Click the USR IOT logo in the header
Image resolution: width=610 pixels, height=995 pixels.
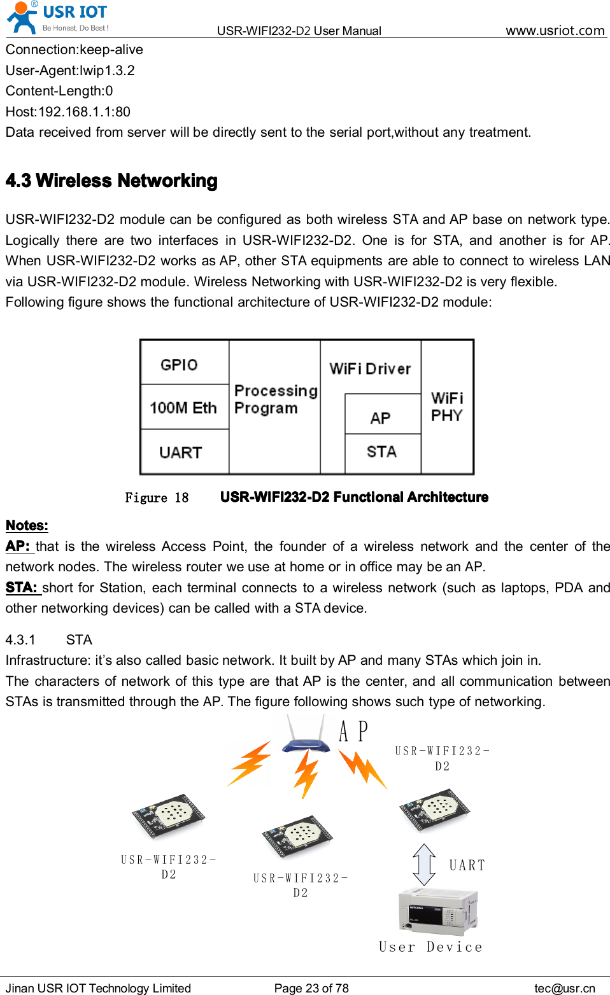click(x=57, y=17)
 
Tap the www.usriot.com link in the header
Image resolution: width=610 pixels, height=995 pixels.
click(x=555, y=30)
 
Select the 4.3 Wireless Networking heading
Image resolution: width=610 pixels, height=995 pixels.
click(x=111, y=181)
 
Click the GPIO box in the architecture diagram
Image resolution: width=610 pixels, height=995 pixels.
click(x=179, y=365)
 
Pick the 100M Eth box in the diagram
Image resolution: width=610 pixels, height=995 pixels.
click(x=183, y=407)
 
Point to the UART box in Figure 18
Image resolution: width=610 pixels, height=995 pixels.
click(x=181, y=452)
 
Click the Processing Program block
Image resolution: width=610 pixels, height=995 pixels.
click(x=275, y=400)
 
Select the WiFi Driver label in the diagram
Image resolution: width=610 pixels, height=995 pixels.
click(x=370, y=368)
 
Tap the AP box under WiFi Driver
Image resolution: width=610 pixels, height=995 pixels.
click(x=381, y=417)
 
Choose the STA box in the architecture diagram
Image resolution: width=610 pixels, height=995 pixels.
click(x=381, y=452)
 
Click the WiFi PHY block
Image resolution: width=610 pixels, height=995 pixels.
click(x=447, y=407)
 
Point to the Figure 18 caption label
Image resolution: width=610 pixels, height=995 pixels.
click(x=157, y=497)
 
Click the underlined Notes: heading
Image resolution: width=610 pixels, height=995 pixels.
click(x=27, y=525)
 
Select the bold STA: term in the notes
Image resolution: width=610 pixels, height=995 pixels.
click(x=22, y=587)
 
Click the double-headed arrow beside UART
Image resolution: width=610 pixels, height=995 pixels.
click(x=424, y=865)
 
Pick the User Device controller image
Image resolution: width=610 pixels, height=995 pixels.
click(x=437, y=910)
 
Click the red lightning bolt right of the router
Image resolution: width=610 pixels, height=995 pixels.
click(x=363, y=769)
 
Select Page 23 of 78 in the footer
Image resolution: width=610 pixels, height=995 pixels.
click(x=311, y=988)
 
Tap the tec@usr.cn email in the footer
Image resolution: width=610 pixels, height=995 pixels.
click(x=564, y=988)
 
